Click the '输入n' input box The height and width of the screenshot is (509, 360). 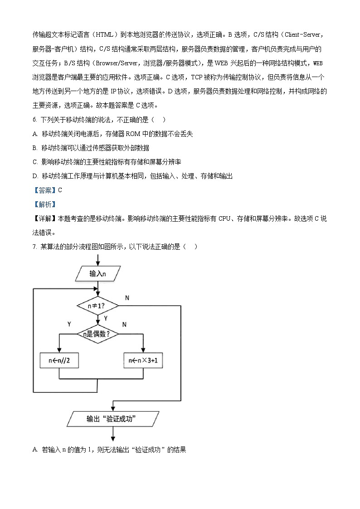[x=97, y=273]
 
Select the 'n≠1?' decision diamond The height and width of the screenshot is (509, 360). [x=97, y=305]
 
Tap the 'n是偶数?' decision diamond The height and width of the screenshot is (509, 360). [x=97, y=334]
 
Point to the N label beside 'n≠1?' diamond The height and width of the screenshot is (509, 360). [x=127, y=297]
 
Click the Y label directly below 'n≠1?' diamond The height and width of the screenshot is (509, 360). [x=106, y=318]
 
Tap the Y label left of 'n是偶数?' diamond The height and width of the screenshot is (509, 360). [x=69, y=325]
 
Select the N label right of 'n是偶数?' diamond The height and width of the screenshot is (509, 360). [x=124, y=325]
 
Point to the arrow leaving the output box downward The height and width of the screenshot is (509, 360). [x=112, y=434]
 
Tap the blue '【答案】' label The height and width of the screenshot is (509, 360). [x=44, y=190]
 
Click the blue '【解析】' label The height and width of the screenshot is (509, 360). [x=44, y=204]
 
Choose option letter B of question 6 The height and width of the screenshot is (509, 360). [x=35, y=148]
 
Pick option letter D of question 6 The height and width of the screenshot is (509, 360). [x=35, y=176]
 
